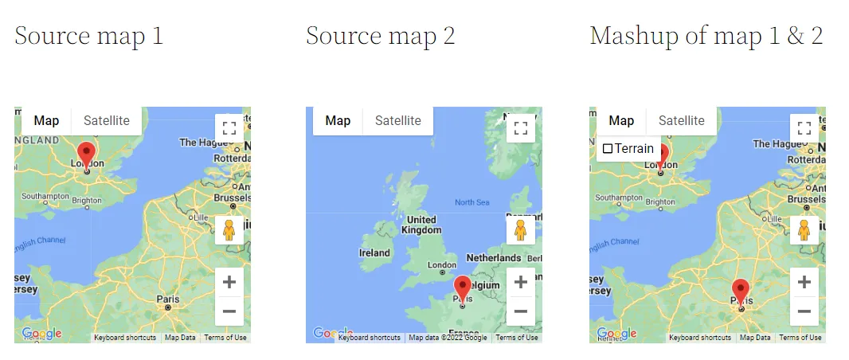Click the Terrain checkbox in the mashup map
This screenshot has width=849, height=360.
click(608, 149)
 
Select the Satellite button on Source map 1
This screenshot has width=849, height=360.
click(107, 121)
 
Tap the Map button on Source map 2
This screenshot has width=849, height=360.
click(338, 121)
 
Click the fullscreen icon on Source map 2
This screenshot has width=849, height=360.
click(521, 128)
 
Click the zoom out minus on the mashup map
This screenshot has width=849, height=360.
click(804, 311)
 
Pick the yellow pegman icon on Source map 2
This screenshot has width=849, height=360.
click(521, 230)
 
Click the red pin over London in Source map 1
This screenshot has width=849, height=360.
click(87, 155)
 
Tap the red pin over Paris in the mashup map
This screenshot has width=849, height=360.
click(741, 292)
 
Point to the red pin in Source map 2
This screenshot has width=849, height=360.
click(463, 288)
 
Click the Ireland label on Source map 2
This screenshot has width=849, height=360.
click(374, 253)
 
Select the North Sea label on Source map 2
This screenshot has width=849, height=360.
click(471, 202)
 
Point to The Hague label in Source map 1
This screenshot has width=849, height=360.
click(199, 143)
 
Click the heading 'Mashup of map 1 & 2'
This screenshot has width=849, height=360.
click(706, 36)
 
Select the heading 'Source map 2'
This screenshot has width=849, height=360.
click(380, 36)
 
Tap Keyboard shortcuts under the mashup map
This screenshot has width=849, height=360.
click(700, 338)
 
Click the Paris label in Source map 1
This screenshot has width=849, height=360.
click(167, 299)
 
